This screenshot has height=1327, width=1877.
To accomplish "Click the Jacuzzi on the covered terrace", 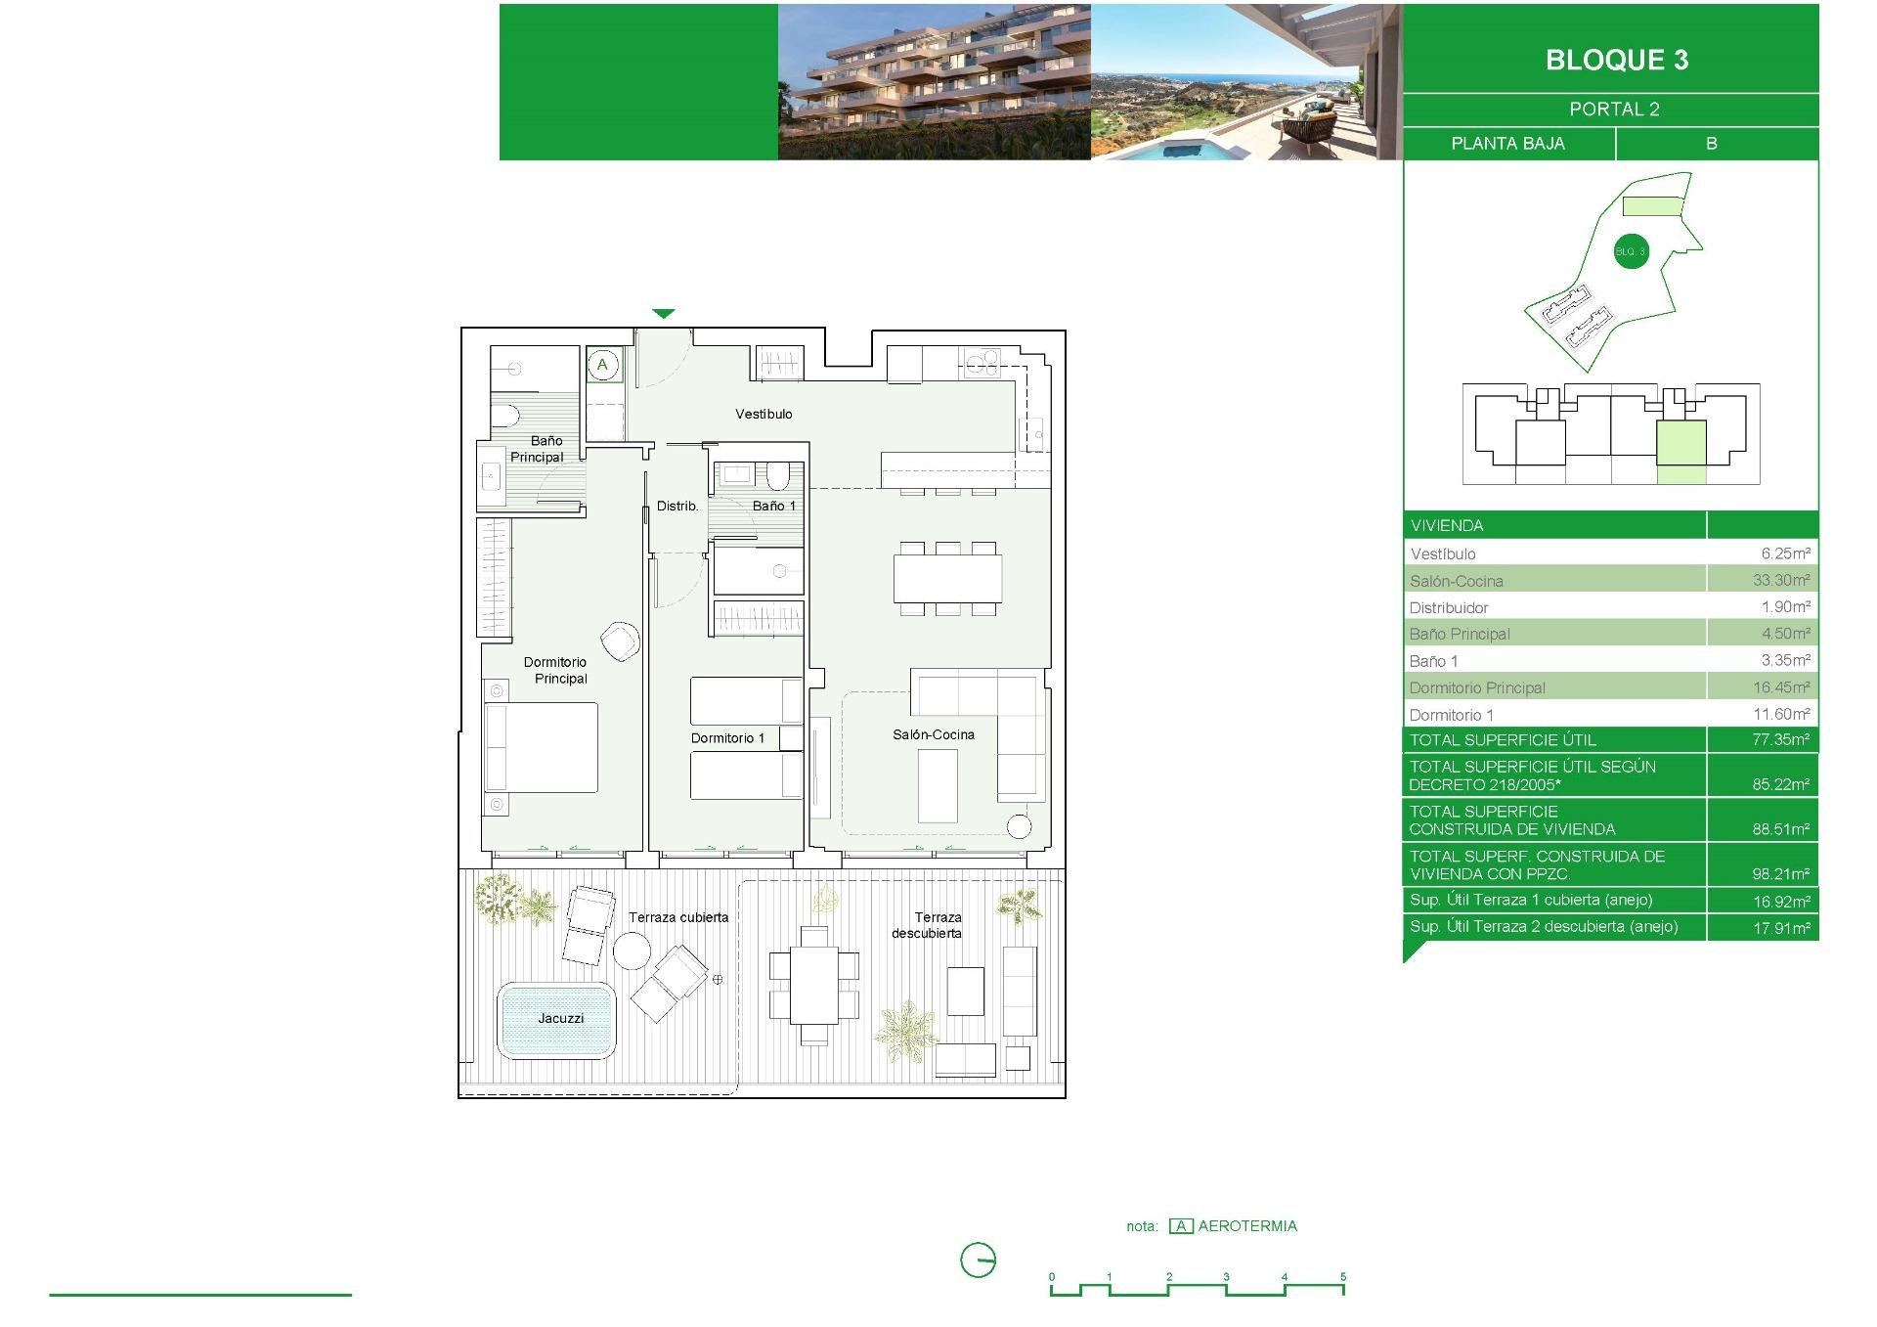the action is (556, 1020).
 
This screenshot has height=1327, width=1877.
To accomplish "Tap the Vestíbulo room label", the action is (764, 415).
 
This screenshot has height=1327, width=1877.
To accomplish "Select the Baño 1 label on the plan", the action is (774, 506).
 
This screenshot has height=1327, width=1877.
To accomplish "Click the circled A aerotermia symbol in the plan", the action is (603, 365).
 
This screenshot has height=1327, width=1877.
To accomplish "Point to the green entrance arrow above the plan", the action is (664, 314).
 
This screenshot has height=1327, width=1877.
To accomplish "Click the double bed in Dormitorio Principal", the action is (542, 747).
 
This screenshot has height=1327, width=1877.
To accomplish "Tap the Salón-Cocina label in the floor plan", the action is (934, 734).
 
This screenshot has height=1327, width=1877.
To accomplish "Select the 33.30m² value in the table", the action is (1781, 580).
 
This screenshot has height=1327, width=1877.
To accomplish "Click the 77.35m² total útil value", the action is (1781, 739).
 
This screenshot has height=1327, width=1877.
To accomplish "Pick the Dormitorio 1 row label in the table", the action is (1452, 715).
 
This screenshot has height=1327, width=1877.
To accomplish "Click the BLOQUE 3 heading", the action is (1617, 60).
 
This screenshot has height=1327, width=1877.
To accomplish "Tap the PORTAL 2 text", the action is (1615, 110).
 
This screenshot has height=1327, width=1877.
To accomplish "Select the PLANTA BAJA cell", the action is (1508, 144).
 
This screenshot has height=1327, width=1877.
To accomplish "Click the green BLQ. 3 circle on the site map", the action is (1631, 251).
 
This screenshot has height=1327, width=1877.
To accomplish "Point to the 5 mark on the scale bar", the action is (1343, 1276).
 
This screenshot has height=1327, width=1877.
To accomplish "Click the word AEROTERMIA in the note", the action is (1247, 1226).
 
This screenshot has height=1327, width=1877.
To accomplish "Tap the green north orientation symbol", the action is (979, 1260).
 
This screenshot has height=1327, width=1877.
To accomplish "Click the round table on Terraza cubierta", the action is (632, 951).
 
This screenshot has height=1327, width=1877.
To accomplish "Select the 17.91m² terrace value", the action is (1781, 927).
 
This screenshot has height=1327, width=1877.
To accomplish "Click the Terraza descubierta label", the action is (928, 925).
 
